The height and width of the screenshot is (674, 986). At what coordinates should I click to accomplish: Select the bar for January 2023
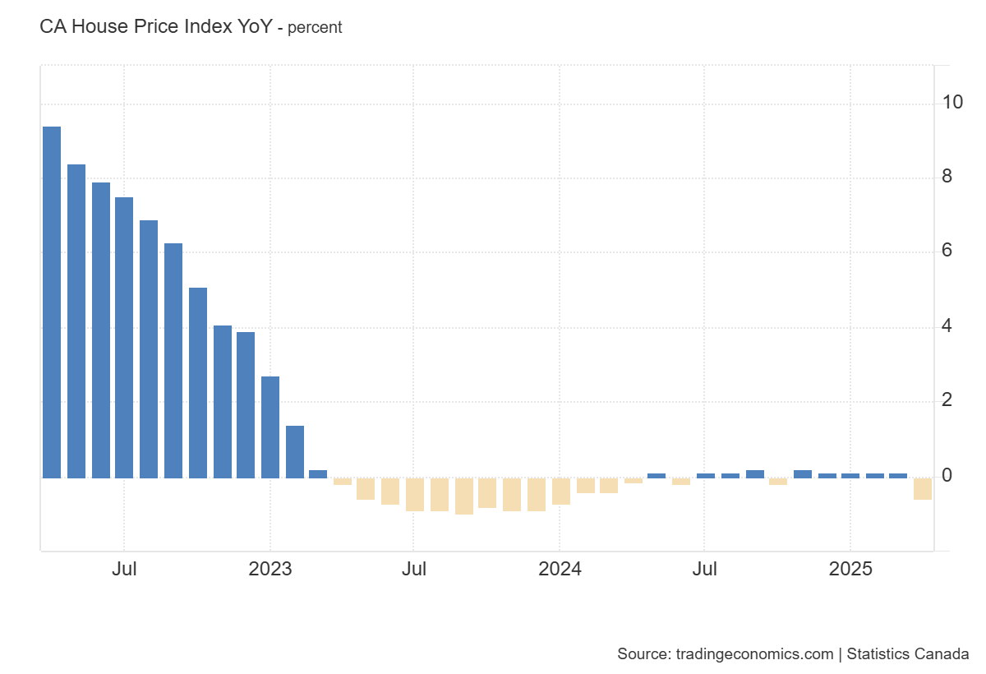click(270, 427)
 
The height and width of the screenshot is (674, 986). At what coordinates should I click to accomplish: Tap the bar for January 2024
click(561, 491)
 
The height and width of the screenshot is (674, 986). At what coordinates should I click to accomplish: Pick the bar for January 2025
click(850, 474)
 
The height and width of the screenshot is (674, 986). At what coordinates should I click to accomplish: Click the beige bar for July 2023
click(415, 494)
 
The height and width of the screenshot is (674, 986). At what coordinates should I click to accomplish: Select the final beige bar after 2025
click(923, 488)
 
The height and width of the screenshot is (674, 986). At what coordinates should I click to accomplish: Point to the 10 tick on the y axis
click(952, 103)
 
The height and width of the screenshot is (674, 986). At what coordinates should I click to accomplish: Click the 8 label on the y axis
click(947, 178)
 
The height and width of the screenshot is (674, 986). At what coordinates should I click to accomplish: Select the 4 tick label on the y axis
click(947, 326)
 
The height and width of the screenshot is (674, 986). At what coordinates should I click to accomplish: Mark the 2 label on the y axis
click(947, 401)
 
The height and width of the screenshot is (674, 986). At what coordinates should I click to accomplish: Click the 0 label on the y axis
click(947, 476)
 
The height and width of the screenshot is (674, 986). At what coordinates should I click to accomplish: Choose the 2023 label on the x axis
click(270, 570)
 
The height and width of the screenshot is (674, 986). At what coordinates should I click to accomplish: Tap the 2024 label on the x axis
click(560, 570)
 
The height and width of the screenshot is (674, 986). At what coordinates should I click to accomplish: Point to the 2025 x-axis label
click(850, 570)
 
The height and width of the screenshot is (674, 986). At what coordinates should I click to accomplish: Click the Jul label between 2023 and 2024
click(414, 570)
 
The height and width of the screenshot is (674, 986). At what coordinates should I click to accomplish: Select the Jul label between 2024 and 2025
click(704, 570)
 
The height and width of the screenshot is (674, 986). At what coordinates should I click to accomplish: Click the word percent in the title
click(315, 28)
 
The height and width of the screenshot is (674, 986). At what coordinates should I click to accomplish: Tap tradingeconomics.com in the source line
click(754, 654)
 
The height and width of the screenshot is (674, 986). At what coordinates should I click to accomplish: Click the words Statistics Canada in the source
click(908, 654)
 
